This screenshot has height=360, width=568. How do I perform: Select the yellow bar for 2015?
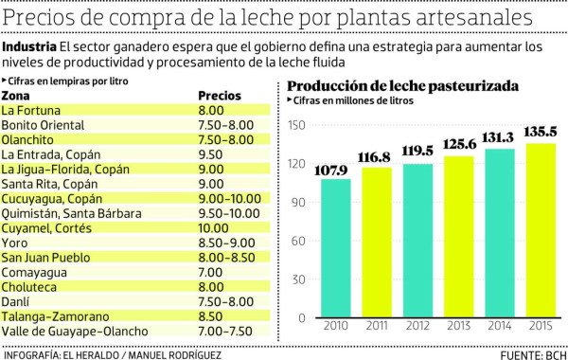[541, 237]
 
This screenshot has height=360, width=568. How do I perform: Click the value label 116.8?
[377, 156]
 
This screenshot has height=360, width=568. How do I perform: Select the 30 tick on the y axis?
[298, 287]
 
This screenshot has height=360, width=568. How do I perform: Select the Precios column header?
[220, 97]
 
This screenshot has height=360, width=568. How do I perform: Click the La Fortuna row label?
[31, 110]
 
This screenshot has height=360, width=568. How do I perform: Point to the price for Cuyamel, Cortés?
[214, 227]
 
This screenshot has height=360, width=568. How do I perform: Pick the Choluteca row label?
[29, 286]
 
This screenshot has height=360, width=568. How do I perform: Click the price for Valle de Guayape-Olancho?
[224, 330]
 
